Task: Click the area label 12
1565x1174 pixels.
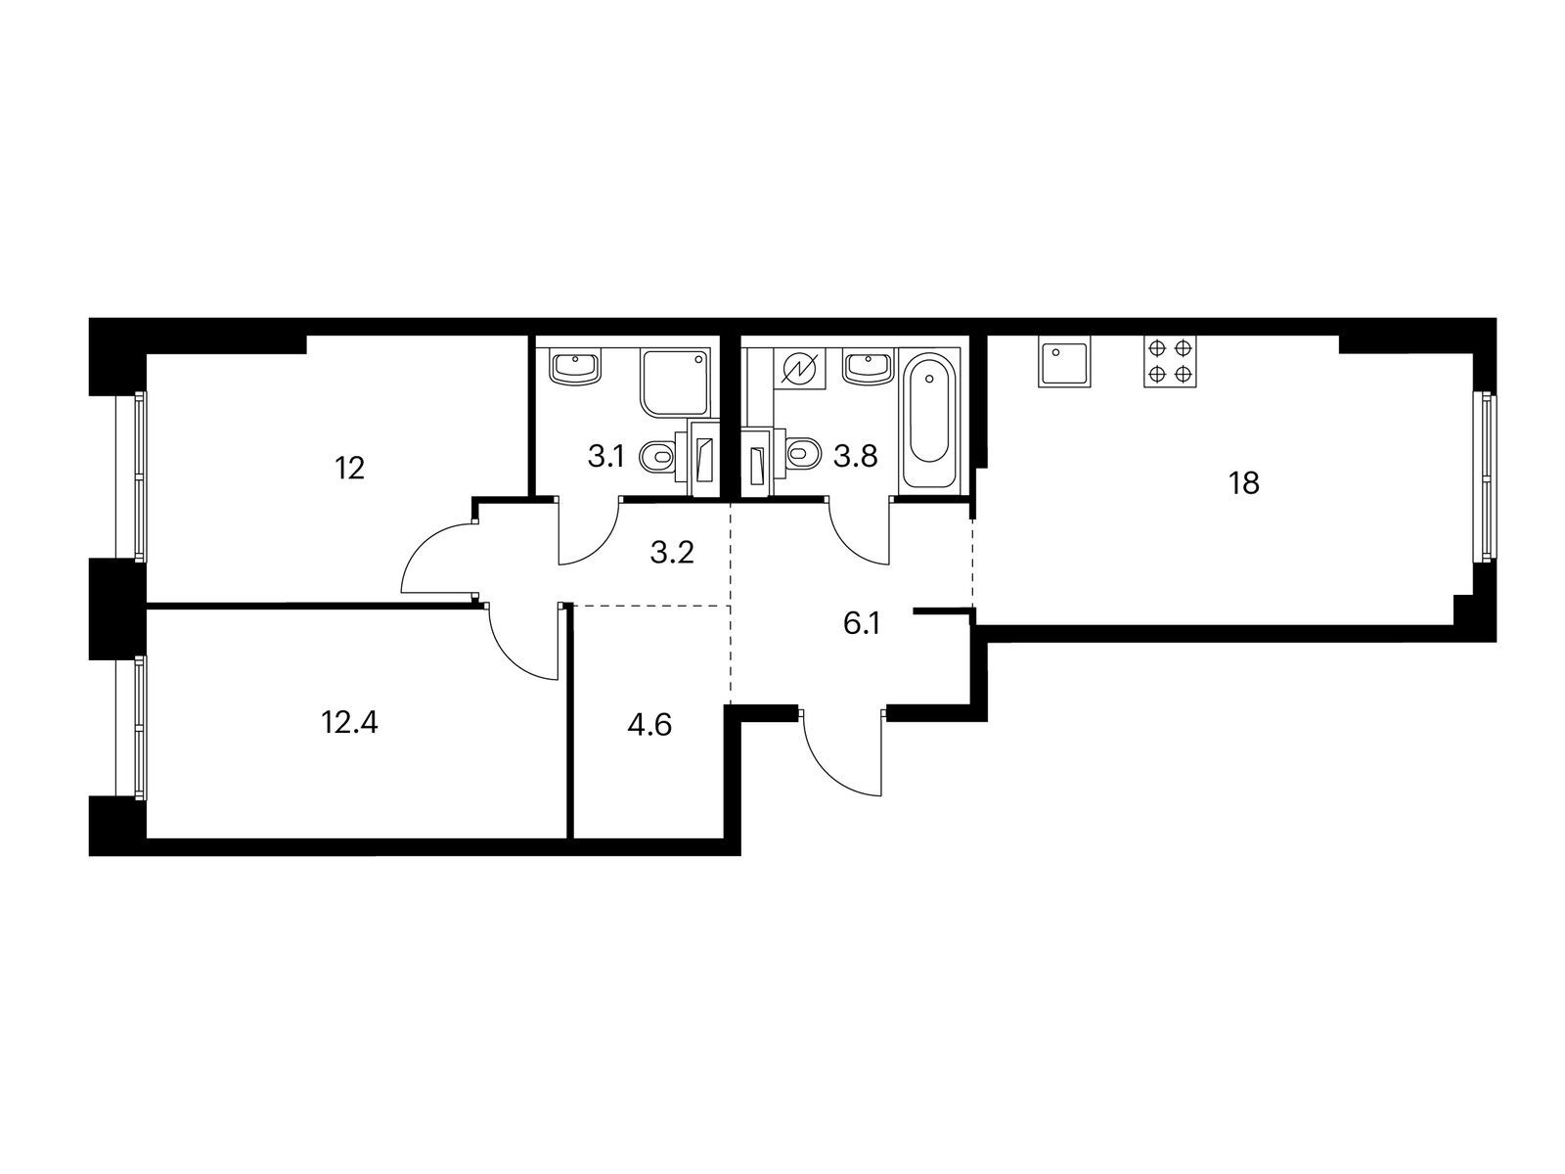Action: tap(349, 469)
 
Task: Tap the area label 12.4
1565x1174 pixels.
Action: tap(349, 723)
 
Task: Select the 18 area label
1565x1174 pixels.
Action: tap(1244, 483)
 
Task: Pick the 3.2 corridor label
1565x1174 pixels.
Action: tap(672, 554)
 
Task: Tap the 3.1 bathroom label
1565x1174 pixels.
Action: tap(605, 456)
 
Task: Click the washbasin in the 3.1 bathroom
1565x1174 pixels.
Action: tap(576, 368)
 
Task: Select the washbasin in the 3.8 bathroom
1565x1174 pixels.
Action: tap(867, 368)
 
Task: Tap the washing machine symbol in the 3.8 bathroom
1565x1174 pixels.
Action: tap(799, 370)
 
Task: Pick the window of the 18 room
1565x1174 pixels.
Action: tap(1487, 476)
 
